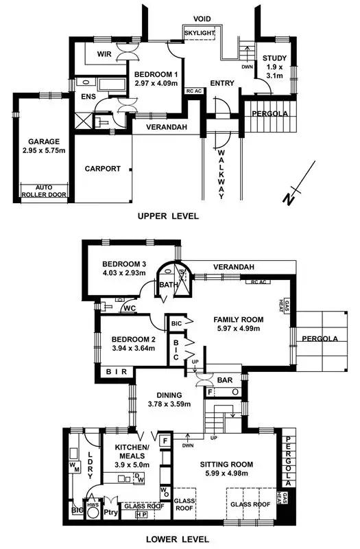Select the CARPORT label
click(x=102, y=169)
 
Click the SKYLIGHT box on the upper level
click(x=200, y=32)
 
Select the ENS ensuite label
click(x=88, y=97)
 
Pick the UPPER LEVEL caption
click(x=168, y=216)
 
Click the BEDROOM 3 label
click(x=124, y=264)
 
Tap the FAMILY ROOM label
click(x=237, y=320)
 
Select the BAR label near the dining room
click(x=224, y=379)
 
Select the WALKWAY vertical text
click(x=221, y=172)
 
